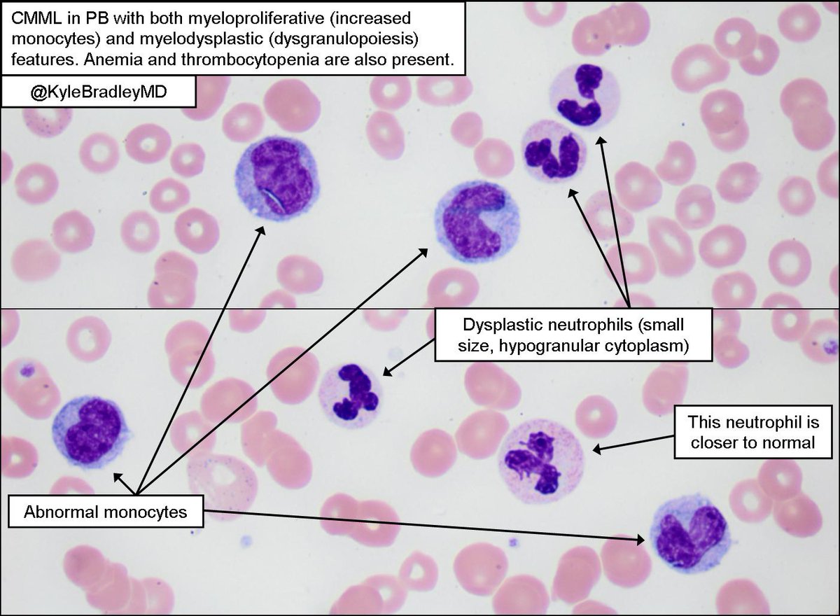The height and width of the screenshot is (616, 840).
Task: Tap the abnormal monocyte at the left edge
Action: coord(92,432)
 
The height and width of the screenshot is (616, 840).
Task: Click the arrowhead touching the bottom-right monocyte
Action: coord(643,539)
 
